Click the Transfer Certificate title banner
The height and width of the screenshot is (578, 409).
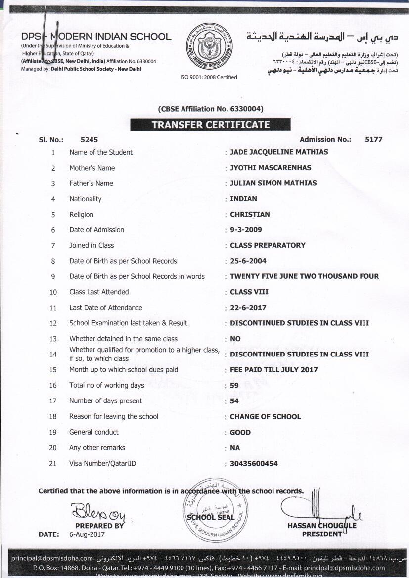coord(210,125)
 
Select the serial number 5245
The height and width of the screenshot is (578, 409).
coord(89,140)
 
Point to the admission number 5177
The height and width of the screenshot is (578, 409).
coord(373,140)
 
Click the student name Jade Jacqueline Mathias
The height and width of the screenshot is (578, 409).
coord(279,152)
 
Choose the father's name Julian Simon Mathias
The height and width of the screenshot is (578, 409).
coord(273,183)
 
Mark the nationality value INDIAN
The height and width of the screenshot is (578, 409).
coord(243,199)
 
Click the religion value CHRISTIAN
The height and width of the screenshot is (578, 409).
coord(250,215)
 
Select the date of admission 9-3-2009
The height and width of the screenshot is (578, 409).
coord(246,230)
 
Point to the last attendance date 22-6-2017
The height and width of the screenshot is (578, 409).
coord(248,308)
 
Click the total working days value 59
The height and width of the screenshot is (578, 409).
coord(235,385)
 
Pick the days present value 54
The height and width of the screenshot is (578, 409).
coord(235,401)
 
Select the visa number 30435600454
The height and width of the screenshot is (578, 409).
coord(254,464)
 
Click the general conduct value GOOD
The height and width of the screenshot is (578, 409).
coord(240,432)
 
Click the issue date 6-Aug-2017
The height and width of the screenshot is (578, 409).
coord(87,534)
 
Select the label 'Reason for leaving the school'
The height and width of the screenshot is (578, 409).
coord(114,417)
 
